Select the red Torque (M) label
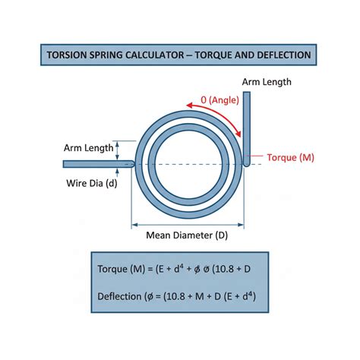pyautogui.click(x=290, y=157)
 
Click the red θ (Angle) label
pyautogui.click(x=219, y=100)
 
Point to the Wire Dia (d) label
pyautogui.click(x=92, y=183)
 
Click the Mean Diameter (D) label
pyautogui.click(x=187, y=235)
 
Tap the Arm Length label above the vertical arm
pyautogui.click(x=267, y=82)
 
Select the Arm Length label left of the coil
pyautogui.click(x=88, y=148)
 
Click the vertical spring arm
pyautogui.click(x=247, y=129)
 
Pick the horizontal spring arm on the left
pyautogui.click(x=99, y=164)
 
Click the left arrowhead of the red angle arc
pyautogui.click(x=189, y=106)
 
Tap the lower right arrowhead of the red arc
pyautogui.click(x=238, y=134)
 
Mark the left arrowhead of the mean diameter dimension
pyautogui.click(x=134, y=225)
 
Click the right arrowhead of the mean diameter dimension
pyautogui.click(x=241, y=225)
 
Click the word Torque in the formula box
pyautogui.click(x=112, y=269)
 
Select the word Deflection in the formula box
pyautogui.click(x=119, y=296)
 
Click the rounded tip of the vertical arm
pyautogui.click(x=247, y=164)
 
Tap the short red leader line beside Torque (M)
pyautogui.click(x=256, y=156)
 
